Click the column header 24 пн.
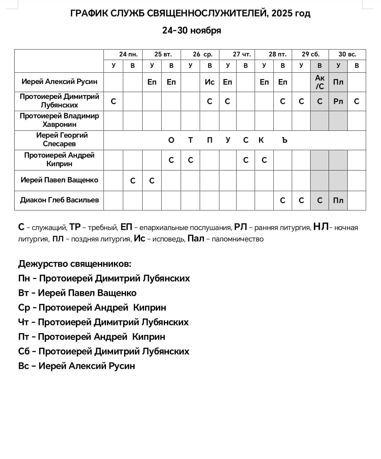(128, 54)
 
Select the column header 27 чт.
(242, 54)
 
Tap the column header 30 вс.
(347, 54)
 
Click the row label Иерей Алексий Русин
(59, 82)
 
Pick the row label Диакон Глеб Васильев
(59, 200)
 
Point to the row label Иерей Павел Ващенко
(59, 180)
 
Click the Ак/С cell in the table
(320, 82)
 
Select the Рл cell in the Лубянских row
(338, 102)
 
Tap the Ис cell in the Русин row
(210, 82)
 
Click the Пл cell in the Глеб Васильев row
(338, 201)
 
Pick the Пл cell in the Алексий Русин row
(338, 82)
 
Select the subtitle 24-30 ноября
(191, 30)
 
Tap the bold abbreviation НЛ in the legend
(321, 227)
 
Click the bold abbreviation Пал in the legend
(196, 238)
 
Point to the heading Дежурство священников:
(75, 264)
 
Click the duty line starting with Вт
(77, 293)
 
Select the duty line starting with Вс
(77, 366)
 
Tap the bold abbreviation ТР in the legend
(75, 227)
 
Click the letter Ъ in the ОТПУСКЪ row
(285, 140)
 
